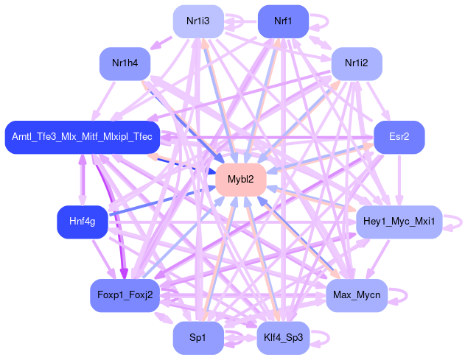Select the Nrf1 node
pyautogui.click(x=282, y=22)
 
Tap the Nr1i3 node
pyautogui.click(x=197, y=22)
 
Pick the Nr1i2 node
pyautogui.click(x=356, y=64)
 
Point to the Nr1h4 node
pyautogui.click(x=125, y=64)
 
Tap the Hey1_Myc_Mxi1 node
pyautogui.click(x=398, y=221)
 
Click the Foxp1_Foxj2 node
pyautogui.click(x=125, y=295)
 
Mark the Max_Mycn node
pyautogui.click(x=356, y=295)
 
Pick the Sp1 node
pyautogui.click(x=197, y=337)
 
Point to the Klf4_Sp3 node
pyautogui.click(x=282, y=338)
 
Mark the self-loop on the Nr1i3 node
pyautogui.click(x=234, y=16)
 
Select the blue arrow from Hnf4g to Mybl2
pyautogui.click(x=162, y=200)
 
